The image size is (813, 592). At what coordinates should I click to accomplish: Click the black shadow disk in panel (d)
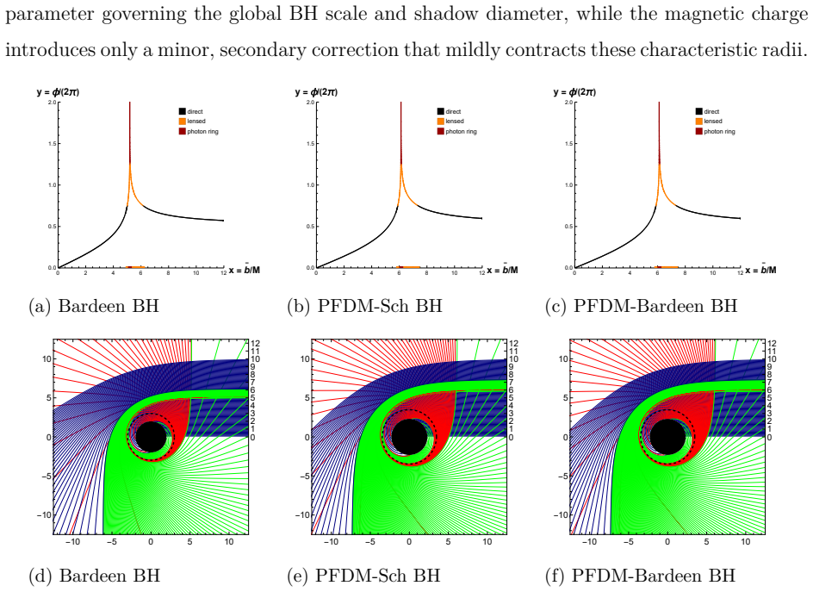pyautogui.click(x=151, y=437)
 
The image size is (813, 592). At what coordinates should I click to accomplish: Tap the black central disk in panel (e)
pyautogui.click(x=409, y=437)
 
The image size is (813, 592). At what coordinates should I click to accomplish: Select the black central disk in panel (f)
pyautogui.click(x=667, y=437)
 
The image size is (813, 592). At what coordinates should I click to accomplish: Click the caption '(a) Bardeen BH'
pyautogui.click(x=94, y=306)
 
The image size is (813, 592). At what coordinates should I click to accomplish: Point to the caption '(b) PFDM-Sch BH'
pyautogui.click(x=364, y=306)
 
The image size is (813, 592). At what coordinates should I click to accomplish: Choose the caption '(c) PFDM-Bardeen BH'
pyautogui.click(x=641, y=306)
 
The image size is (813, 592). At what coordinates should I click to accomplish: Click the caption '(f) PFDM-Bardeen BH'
pyautogui.click(x=641, y=576)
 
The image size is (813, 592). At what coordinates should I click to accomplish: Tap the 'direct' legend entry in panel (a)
pyautogui.click(x=191, y=111)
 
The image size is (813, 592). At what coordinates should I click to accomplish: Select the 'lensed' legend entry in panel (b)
pyautogui.click(x=450, y=122)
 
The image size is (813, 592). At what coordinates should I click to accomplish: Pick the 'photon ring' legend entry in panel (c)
pyautogui.click(x=716, y=131)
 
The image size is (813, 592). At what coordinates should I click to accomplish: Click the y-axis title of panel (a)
pyautogui.click(x=58, y=92)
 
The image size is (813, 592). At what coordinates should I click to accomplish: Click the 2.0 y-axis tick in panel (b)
pyautogui.click(x=310, y=103)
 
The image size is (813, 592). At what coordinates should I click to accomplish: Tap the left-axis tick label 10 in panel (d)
pyautogui.click(x=47, y=359)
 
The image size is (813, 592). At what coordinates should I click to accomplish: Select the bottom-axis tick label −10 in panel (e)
pyautogui.click(x=331, y=542)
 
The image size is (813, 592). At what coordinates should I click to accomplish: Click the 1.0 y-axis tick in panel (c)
pyautogui.click(x=568, y=185)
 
